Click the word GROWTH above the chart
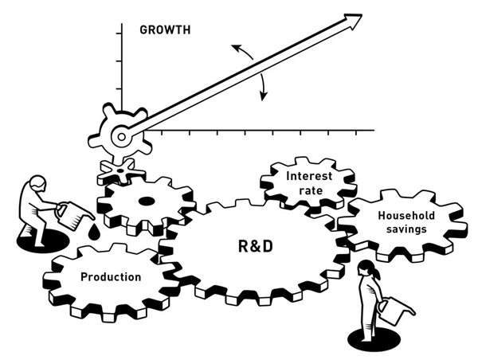pos(165,31)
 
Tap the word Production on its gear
pos(111,276)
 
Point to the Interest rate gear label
pos(308,182)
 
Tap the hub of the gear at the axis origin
pos(119,137)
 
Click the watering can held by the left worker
pos(72,213)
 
